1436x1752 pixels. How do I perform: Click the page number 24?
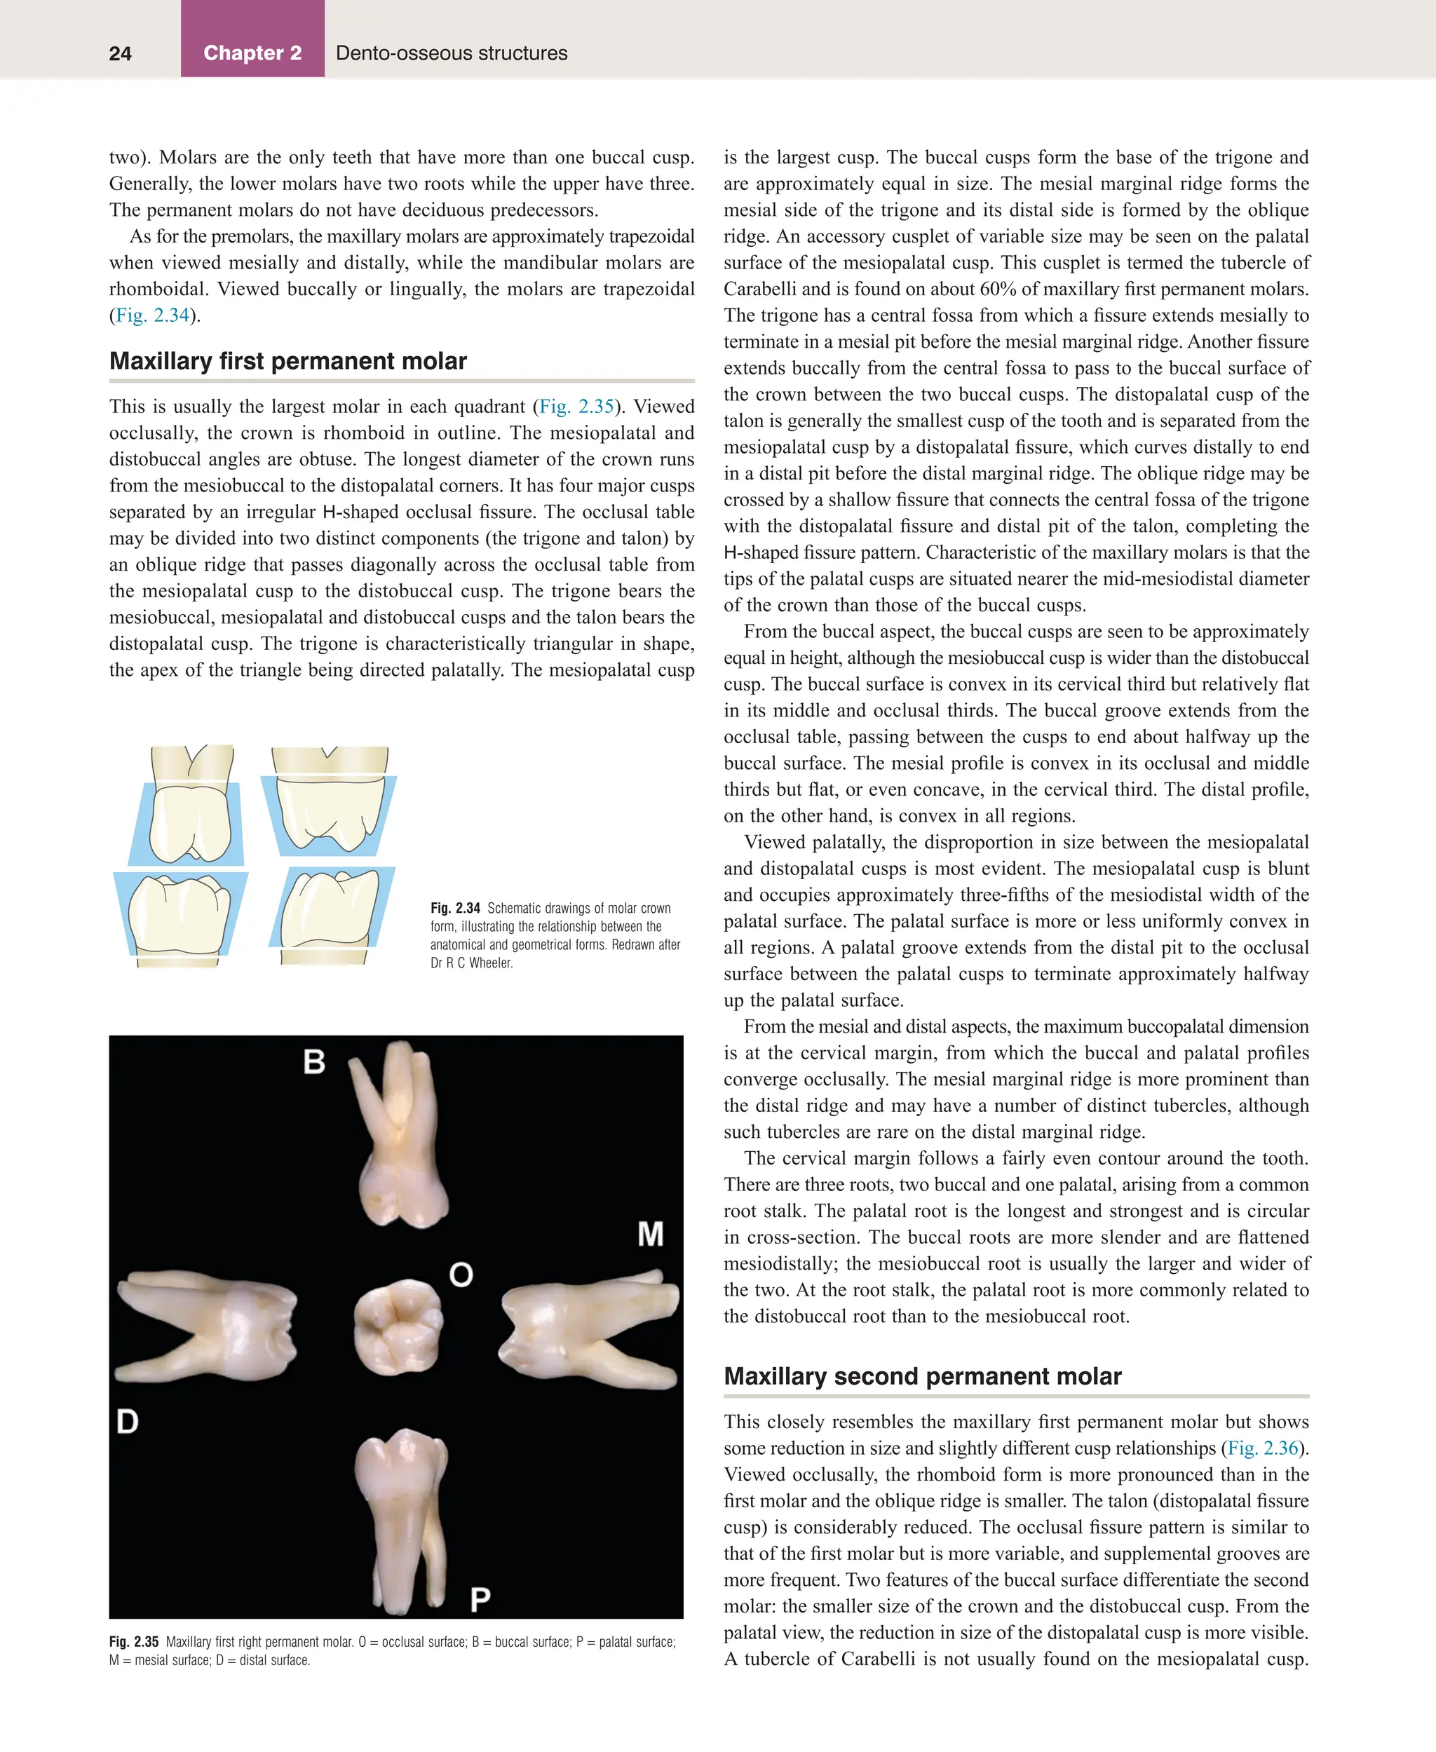[x=120, y=54]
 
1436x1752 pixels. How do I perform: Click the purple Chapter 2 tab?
[x=252, y=53]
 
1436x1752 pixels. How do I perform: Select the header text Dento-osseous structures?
[x=451, y=53]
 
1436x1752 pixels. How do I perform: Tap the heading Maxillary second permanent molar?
[x=922, y=1376]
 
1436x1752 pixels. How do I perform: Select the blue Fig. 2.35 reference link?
[x=576, y=406]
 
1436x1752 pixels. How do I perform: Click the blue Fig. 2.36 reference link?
[x=1263, y=1448]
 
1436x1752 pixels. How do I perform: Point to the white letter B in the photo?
[x=314, y=1061]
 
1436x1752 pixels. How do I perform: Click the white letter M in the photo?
[x=650, y=1234]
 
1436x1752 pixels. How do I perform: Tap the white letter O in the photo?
[x=461, y=1274]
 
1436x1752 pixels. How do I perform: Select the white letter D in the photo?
[x=128, y=1421]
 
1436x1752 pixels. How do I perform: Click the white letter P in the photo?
[x=480, y=1599]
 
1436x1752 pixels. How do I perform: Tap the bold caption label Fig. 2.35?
[x=133, y=1642]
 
